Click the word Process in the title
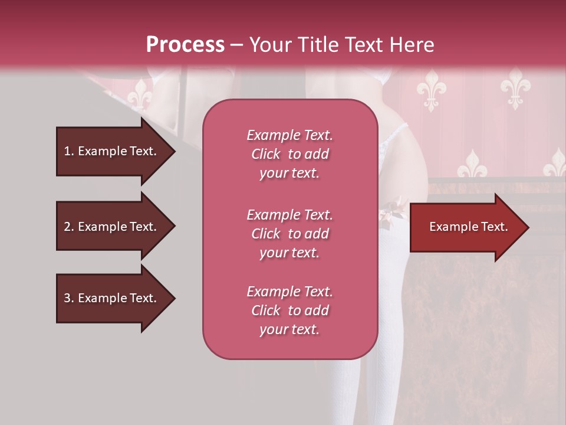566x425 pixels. tap(185, 45)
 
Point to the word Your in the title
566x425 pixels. tap(268, 45)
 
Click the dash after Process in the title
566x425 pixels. tap(237, 45)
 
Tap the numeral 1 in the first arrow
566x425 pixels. tap(67, 151)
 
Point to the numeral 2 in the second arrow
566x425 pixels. tap(67, 227)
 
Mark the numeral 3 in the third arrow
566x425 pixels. tap(67, 298)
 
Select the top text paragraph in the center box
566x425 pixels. tap(289, 154)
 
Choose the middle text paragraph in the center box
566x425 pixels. tap(289, 234)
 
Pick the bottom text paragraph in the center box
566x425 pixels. tap(289, 310)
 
